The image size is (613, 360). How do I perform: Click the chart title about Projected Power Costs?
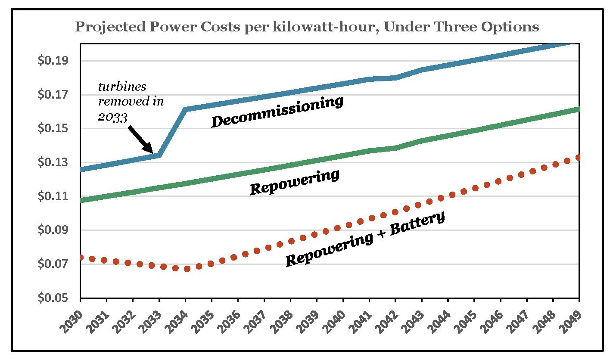pos(307,27)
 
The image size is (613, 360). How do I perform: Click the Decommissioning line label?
pos(277,112)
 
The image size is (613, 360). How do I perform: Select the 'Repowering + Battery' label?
pos(365,239)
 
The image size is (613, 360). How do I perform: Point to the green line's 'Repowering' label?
pos(295,182)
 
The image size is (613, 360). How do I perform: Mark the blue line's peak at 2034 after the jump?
pos(186,109)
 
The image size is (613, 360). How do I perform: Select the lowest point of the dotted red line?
pos(187,269)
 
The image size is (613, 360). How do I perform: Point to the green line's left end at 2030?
pos(81,200)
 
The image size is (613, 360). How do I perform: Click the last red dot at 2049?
pos(578,158)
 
